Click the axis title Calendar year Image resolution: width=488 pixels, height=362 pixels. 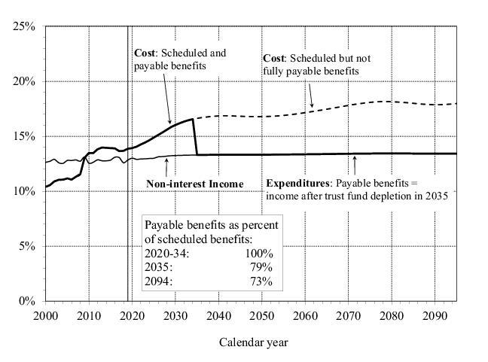coord(254,342)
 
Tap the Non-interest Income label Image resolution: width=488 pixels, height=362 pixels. coord(195,183)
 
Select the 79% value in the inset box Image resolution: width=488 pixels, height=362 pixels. coord(263,268)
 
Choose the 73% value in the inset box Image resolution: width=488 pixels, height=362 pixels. coord(263,281)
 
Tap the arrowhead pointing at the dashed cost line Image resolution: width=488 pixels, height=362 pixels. coord(312,105)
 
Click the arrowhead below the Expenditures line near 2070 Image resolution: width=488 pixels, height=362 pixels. coord(355,157)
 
